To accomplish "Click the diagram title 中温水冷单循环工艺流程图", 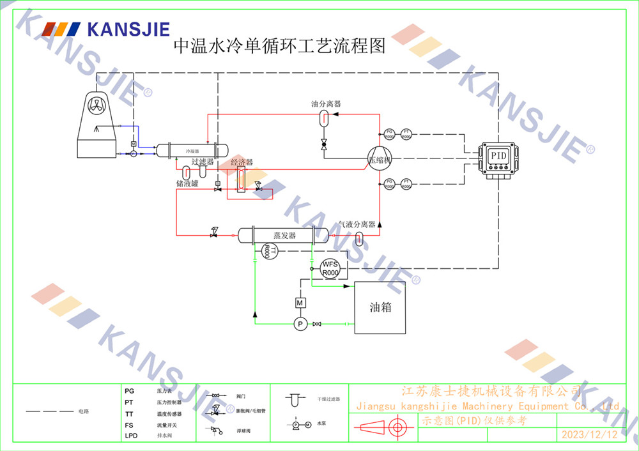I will pos(280,47).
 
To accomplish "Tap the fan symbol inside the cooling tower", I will pos(96,106).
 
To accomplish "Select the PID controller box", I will pos(498,156).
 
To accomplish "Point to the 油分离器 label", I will pos(325,103).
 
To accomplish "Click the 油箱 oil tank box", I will pos(380,307).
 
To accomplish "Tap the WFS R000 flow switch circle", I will pos(330,269).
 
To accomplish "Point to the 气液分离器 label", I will pos(357,224).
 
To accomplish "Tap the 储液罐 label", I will pos(187,183).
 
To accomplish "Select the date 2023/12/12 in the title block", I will pos(589,435).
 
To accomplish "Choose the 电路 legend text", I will pos(84,411).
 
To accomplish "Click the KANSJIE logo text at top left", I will pos(127,29).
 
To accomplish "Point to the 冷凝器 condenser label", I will pos(192,151).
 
